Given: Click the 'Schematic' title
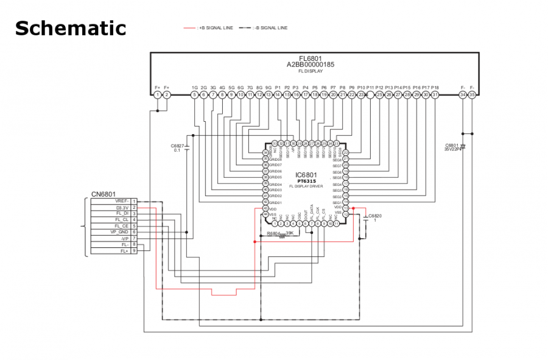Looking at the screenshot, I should click(70, 28).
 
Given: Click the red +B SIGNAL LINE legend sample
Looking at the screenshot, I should click(190, 28).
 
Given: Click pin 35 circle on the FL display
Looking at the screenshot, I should click(472, 94).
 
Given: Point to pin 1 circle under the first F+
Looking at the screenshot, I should click(158, 94).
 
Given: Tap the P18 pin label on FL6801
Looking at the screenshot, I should click(435, 88).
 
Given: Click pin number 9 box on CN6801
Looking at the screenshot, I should click(134, 250).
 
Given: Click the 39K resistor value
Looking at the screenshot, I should click(290, 233).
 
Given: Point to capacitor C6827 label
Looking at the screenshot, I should click(177, 146).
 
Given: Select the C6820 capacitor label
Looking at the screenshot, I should click(375, 216).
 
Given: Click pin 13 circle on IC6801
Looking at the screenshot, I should click(345, 208).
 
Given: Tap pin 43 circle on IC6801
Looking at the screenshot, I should click(265, 208).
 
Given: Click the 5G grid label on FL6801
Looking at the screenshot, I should click(231, 88).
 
